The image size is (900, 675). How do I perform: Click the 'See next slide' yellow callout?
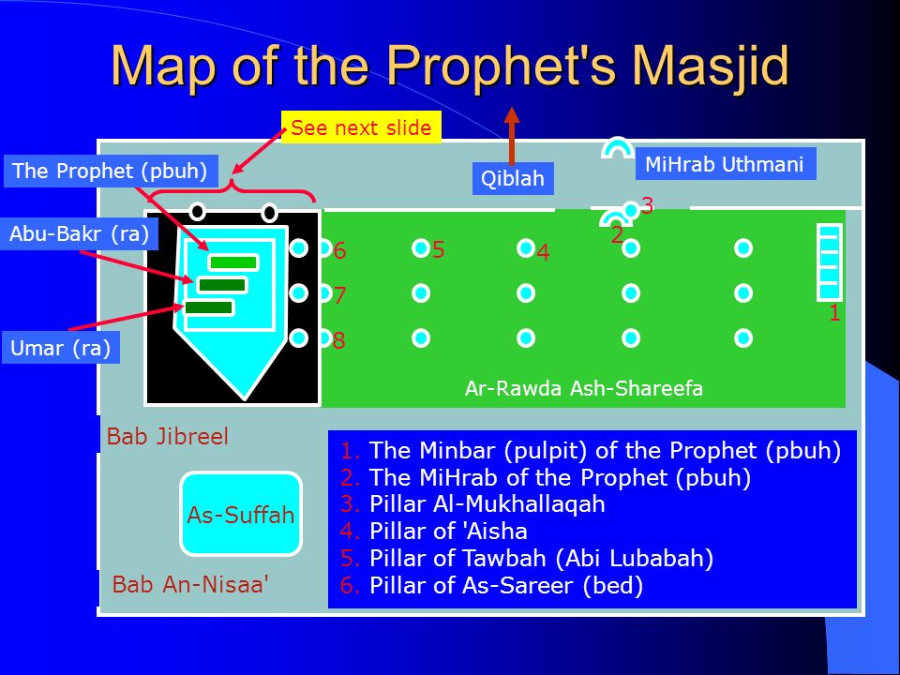pyautogui.click(x=361, y=128)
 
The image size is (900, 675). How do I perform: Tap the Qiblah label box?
pyautogui.click(x=513, y=178)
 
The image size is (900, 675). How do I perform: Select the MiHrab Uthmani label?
pyautogui.click(x=725, y=164)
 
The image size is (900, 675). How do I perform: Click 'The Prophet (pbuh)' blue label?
pyautogui.click(x=112, y=171)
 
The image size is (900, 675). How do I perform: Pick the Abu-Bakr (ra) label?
pyautogui.click(x=80, y=233)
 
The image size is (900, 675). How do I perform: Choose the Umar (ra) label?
pyautogui.click(x=61, y=349)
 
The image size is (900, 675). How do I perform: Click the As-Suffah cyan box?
pyautogui.click(x=241, y=514)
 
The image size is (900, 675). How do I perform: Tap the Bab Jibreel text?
pyautogui.click(x=168, y=437)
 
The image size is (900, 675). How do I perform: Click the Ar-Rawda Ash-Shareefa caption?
pyautogui.click(x=583, y=388)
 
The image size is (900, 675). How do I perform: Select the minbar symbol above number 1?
pyautogui.click(x=830, y=260)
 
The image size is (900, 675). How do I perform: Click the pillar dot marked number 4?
pyautogui.click(x=526, y=247)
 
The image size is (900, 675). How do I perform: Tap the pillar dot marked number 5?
pyautogui.click(x=421, y=247)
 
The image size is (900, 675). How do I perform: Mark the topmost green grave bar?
pyautogui.click(x=232, y=262)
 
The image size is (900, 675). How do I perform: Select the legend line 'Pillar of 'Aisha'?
pyautogui.click(x=448, y=532)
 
